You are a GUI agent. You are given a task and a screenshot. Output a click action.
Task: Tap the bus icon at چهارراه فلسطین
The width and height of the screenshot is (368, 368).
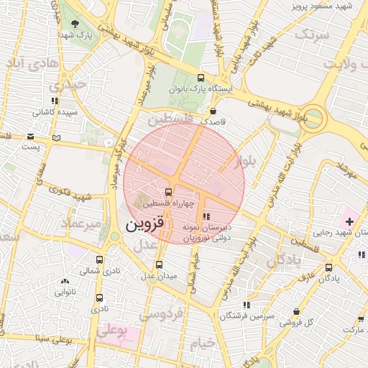tap(168, 192)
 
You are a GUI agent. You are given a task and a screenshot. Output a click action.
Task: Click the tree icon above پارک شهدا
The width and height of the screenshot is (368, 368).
tap(75, 24)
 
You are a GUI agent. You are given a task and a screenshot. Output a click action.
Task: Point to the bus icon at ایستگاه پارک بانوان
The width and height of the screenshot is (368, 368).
tap(200, 78)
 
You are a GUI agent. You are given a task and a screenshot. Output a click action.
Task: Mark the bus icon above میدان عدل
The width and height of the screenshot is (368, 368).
tap(159, 264)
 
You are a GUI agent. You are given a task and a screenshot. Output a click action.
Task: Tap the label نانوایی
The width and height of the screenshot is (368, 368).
tap(65, 293)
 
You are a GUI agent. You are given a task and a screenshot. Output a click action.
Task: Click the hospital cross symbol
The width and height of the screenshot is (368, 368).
tap(349, 220)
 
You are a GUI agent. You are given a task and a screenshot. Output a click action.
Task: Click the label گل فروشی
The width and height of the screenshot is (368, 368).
tap(318, 321)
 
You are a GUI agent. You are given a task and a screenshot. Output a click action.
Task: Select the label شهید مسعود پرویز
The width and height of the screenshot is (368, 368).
tap(320, 6)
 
